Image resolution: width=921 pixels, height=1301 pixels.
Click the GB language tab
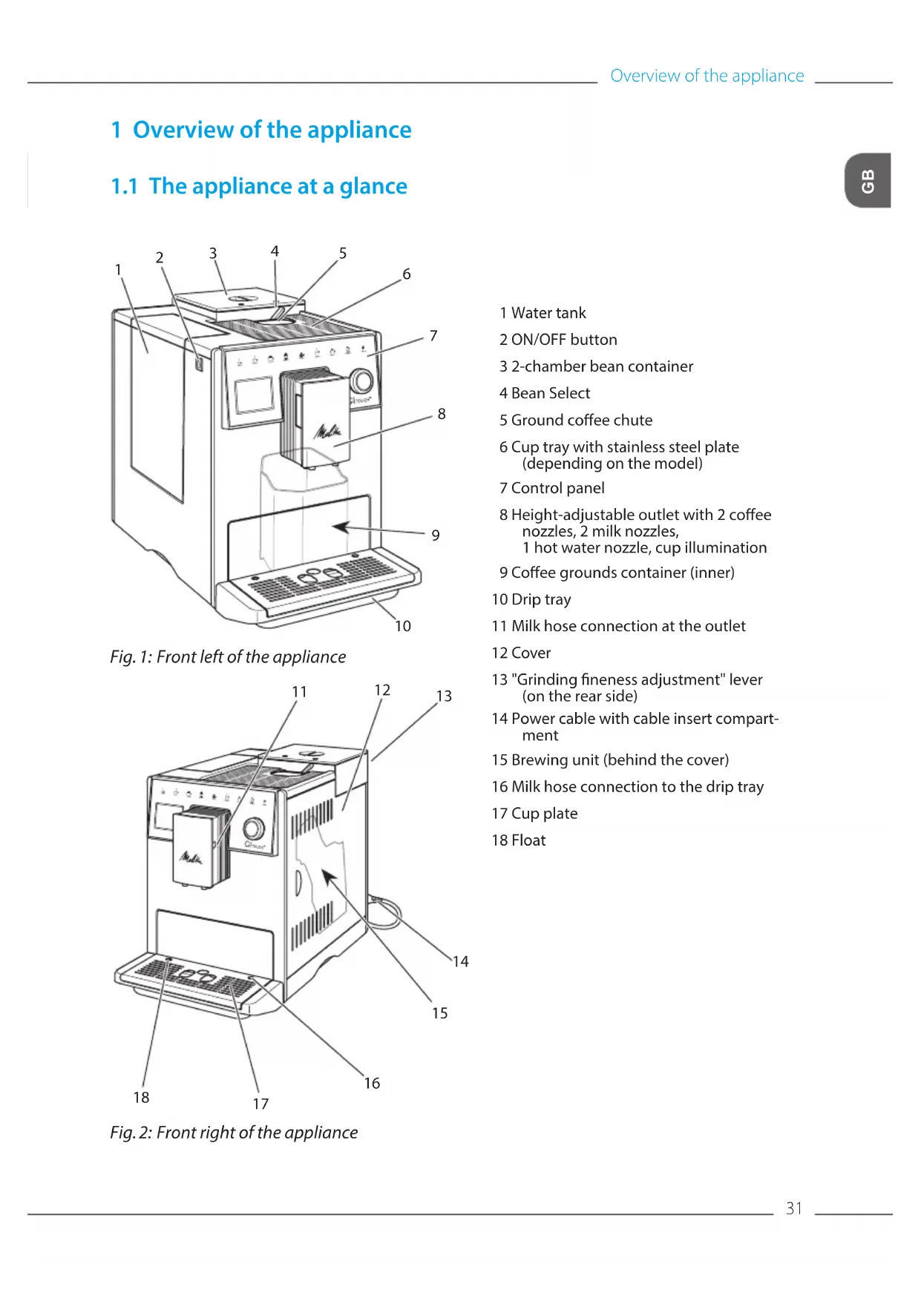click(x=868, y=180)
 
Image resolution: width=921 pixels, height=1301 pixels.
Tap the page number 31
click(x=794, y=1208)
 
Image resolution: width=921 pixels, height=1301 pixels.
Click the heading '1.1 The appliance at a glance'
click(x=259, y=186)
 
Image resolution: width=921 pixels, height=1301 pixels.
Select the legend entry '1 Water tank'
click(x=543, y=313)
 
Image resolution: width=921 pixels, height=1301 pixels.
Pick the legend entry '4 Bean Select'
click(x=545, y=393)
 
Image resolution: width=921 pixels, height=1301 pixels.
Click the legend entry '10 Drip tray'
click(x=531, y=599)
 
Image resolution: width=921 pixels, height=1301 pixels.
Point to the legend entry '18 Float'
click(x=519, y=840)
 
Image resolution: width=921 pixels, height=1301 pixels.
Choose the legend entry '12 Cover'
click(x=521, y=653)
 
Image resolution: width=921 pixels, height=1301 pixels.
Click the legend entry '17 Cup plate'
click(x=534, y=814)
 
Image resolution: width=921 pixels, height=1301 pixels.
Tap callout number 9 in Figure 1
click(x=436, y=536)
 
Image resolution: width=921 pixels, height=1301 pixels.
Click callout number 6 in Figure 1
click(x=407, y=274)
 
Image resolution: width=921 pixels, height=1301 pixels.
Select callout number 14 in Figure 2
click(x=461, y=962)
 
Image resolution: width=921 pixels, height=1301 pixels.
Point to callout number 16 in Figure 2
click(x=372, y=1084)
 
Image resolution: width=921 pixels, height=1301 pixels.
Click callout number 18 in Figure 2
click(x=141, y=1098)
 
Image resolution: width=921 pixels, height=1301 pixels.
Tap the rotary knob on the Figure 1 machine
click(x=361, y=381)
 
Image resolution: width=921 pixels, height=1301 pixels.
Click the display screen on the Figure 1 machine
click(x=255, y=395)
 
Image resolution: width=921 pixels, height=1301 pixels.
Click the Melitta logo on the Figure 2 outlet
click(x=191, y=858)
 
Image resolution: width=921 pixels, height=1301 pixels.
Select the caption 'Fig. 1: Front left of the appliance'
click(x=228, y=657)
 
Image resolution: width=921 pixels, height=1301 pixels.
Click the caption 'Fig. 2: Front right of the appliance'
click(x=234, y=1133)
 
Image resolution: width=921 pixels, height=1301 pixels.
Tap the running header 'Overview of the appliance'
click(x=707, y=76)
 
